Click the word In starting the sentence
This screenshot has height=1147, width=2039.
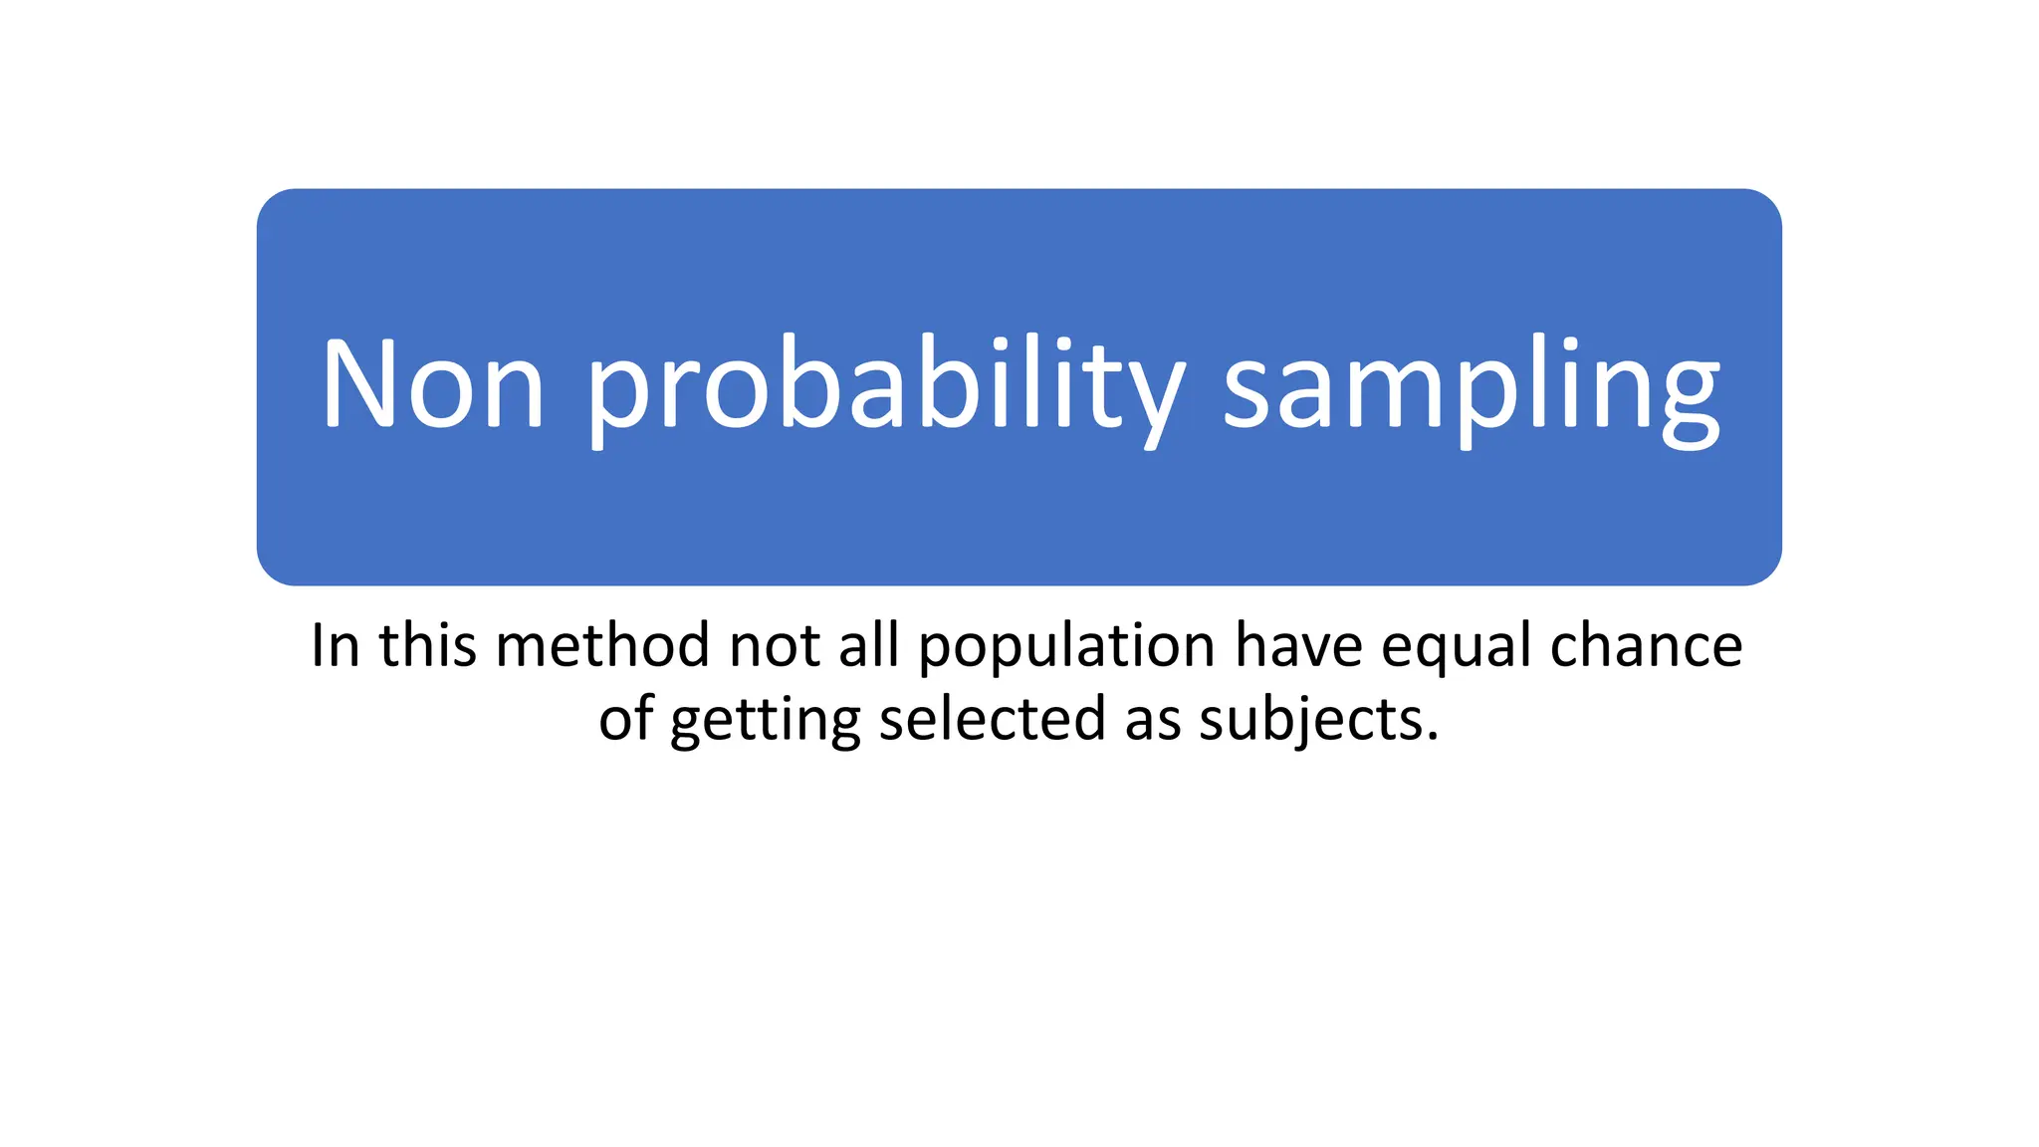335,645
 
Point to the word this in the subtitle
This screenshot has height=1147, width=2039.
427,645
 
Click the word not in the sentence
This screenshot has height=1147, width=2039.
775,645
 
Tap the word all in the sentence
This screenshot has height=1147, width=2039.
868,645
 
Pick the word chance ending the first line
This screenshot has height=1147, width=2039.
1647,645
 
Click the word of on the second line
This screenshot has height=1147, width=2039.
625,719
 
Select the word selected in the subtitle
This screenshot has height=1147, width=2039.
992,719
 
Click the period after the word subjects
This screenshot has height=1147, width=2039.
1433,738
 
